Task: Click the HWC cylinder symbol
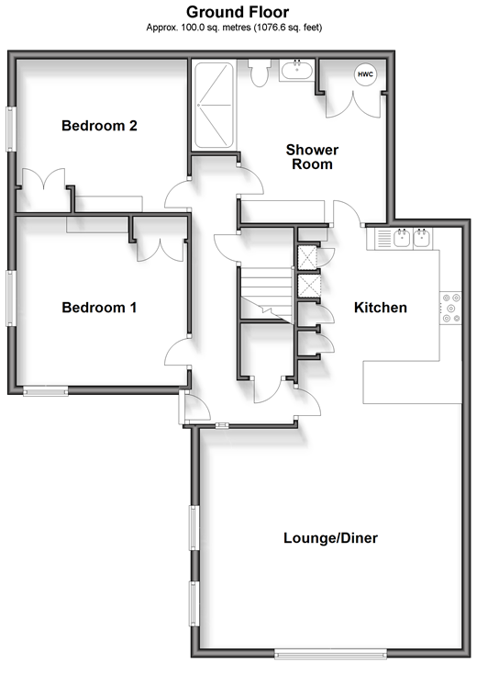click(x=365, y=74)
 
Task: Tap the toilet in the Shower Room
click(x=259, y=73)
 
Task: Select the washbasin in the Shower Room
click(x=297, y=71)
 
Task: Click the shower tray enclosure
click(x=214, y=105)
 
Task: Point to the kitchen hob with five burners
click(x=450, y=308)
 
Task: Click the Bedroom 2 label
click(x=99, y=126)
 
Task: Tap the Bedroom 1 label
click(x=99, y=308)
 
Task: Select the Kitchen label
click(x=381, y=308)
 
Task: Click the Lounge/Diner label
click(x=331, y=538)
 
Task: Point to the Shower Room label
click(x=312, y=157)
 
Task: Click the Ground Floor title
click(x=238, y=12)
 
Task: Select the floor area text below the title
click(x=234, y=28)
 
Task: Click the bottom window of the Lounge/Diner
click(x=331, y=654)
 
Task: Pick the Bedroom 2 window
click(x=11, y=129)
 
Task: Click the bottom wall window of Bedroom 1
click(x=46, y=391)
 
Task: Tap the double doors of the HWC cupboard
click(x=353, y=105)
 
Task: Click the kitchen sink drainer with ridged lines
click(x=384, y=238)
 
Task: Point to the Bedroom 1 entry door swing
click(x=177, y=352)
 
